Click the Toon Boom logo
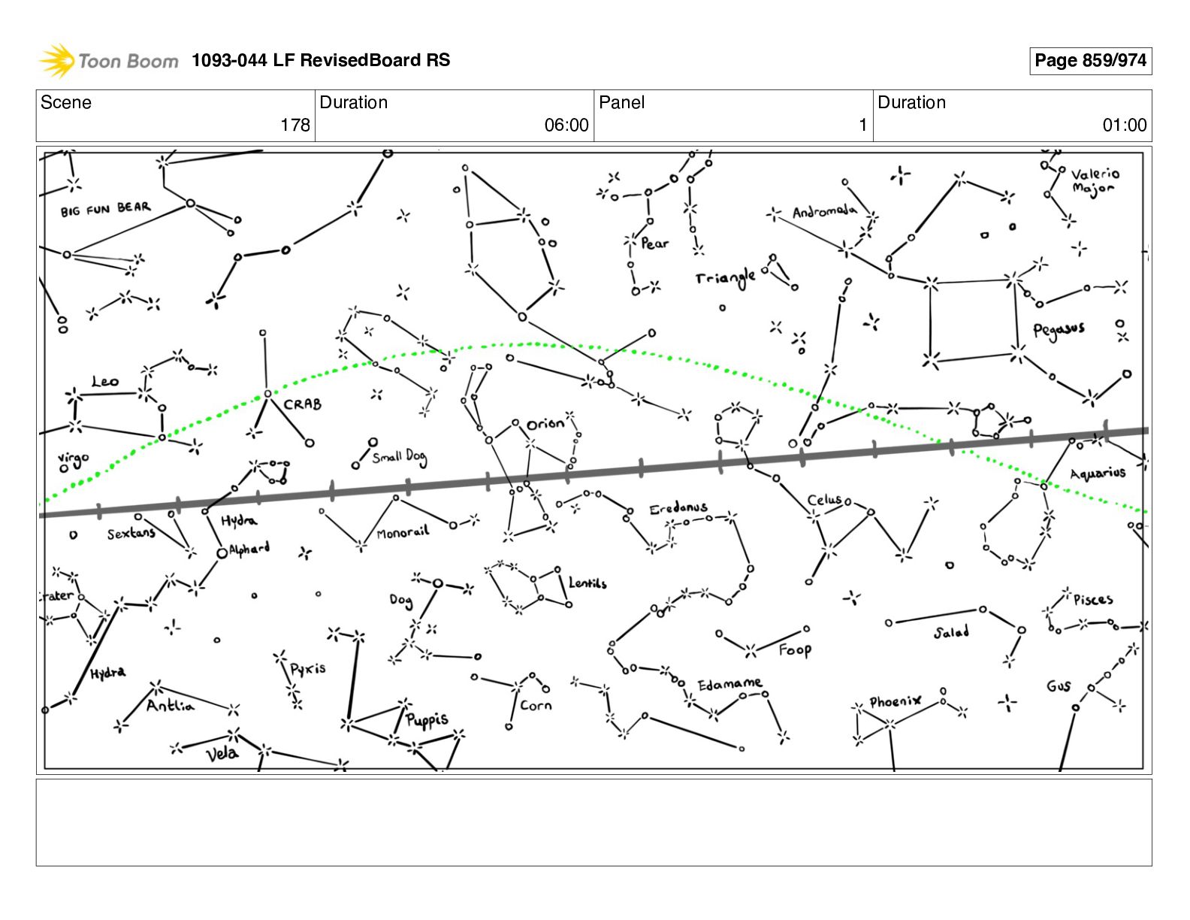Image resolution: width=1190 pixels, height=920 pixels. (109, 61)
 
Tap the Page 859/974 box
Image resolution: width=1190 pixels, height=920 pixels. (1090, 61)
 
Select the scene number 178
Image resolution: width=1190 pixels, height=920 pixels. (294, 125)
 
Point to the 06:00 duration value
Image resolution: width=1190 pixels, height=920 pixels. (566, 125)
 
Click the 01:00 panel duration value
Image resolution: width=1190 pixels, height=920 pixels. (1124, 125)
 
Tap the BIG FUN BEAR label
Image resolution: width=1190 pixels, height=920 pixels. (106, 209)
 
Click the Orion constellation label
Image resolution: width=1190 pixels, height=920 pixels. (545, 424)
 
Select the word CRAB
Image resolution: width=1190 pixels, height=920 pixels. (303, 404)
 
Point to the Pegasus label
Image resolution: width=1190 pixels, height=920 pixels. (1059, 330)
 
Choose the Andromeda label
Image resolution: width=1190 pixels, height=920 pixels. (824, 212)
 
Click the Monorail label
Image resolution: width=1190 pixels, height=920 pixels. (403, 533)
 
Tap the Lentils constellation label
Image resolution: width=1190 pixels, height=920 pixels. (587, 583)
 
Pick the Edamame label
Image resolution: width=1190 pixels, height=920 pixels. (729, 684)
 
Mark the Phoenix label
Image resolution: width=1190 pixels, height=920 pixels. (895, 701)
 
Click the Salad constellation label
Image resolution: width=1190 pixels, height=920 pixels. (951, 633)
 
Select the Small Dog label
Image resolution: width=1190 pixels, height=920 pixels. (399, 456)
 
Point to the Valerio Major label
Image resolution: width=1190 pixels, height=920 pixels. (1095, 181)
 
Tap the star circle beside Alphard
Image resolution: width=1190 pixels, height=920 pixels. (222, 554)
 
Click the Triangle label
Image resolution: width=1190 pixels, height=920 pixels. (725, 278)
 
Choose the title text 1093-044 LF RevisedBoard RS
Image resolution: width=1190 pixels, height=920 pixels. (321, 61)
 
